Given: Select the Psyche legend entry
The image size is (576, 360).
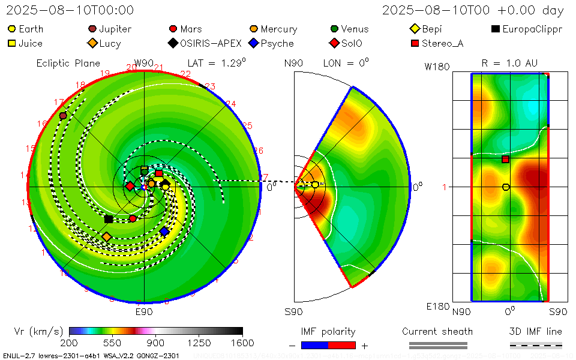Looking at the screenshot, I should tap(270, 43).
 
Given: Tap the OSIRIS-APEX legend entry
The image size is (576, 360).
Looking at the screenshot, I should tap(206, 43).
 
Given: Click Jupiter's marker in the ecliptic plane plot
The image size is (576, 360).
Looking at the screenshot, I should tap(63, 116).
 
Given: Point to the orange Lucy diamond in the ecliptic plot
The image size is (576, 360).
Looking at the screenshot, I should tap(107, 237).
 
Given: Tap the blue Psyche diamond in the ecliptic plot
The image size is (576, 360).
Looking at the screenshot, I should tap(164, 231).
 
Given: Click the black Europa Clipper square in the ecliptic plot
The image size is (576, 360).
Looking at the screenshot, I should tap(109, 219).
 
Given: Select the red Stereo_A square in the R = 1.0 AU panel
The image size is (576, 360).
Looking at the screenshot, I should tap(506, 159).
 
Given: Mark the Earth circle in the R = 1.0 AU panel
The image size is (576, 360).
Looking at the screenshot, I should tap(506, 187).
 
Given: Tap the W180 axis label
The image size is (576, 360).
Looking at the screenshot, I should tap(437, 67).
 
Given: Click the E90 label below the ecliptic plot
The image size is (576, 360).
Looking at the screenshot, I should tap(144, 312).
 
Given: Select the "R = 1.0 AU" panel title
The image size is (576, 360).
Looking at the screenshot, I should tap(509, 63).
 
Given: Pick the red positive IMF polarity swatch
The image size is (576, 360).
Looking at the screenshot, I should tap(342, 345).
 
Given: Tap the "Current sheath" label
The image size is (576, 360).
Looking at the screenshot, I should tap(437, 331).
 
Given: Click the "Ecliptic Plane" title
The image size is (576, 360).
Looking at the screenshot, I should tap(60, 63).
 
